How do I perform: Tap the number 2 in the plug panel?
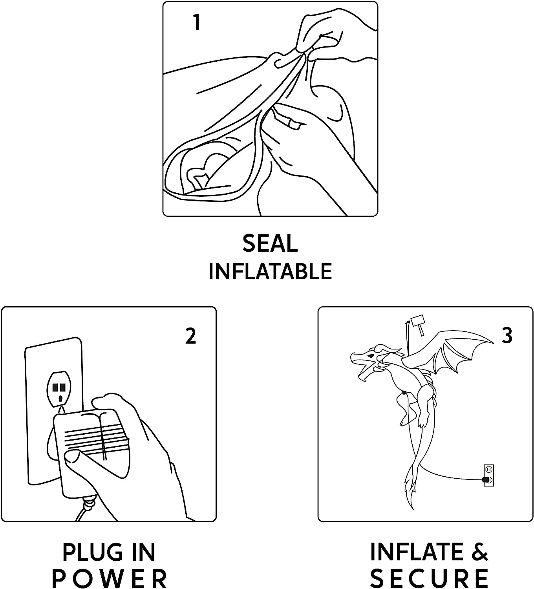click(191, 336)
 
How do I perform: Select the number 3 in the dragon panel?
click(507, 335)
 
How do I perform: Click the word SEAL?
click(270, 243)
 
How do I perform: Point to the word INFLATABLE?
click(270, 271)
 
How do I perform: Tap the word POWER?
click(109, 579)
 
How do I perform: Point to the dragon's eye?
click(371, 357)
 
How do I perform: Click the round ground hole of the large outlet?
click(60, 399)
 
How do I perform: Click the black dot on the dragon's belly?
click(404, 393)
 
